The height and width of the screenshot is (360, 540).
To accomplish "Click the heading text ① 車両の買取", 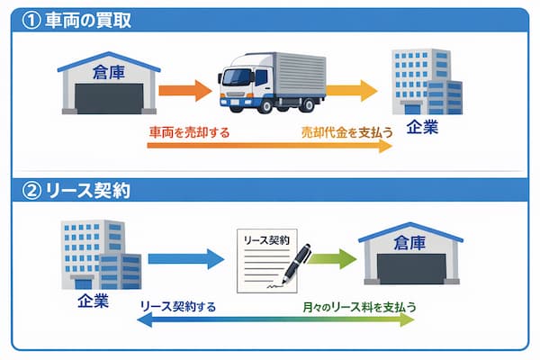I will point(78,21).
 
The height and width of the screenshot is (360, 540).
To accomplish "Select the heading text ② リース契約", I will point(79,191).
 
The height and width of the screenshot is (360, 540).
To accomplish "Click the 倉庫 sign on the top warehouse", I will point(107,70).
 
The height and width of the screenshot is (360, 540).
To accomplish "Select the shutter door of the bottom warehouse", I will point(410,271).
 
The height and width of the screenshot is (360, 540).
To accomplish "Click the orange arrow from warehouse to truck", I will point(184,90).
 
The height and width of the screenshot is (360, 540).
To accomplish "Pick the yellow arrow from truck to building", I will point(351,89).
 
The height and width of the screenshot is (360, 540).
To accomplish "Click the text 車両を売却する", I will point(189,131).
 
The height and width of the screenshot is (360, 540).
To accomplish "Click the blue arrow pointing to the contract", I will point(185,259).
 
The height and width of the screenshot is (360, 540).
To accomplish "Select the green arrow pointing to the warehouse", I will point(332,260).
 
